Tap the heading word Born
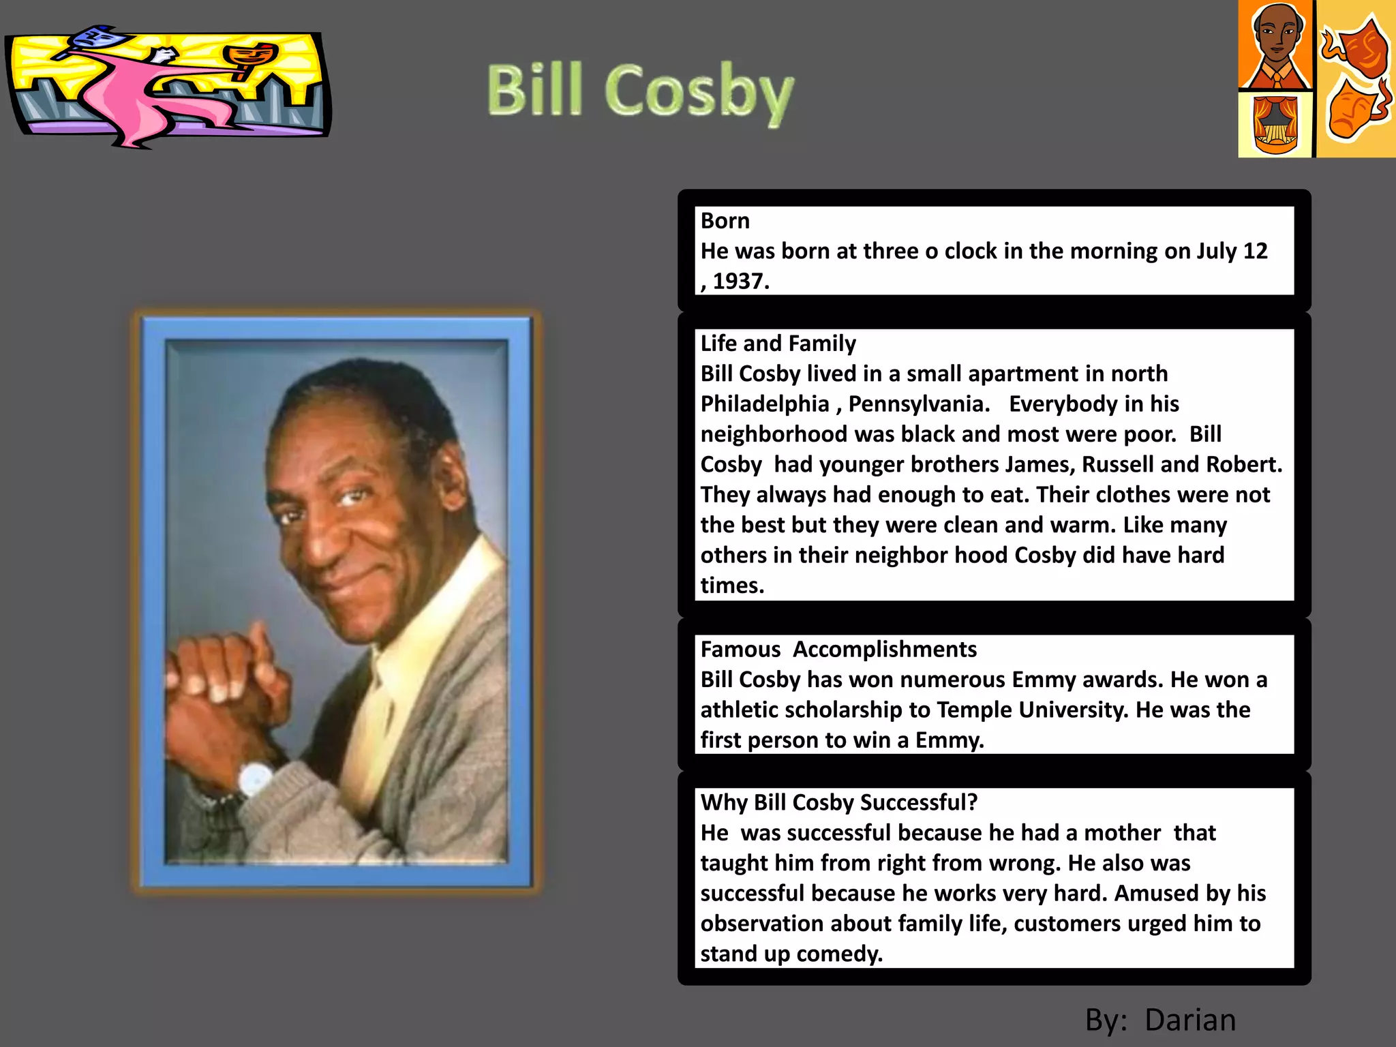click(x=725, y=221)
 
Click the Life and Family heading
click(x=778, y=343)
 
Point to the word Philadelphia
click(x=764, y=404)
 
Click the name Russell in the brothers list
click(x=1117, y=464)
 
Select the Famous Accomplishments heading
click(x=838, y=649)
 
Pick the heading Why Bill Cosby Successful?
click(x=838, y=802)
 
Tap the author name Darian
click(x=1190, y=1020)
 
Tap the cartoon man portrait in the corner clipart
click(x=1276, y=44)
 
